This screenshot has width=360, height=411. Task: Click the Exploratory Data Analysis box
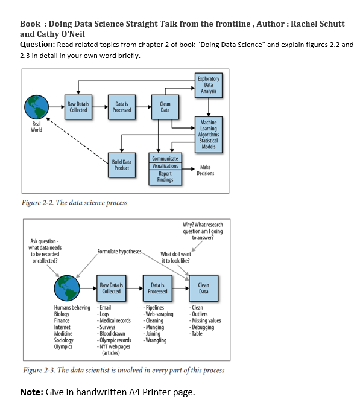click(208, 85)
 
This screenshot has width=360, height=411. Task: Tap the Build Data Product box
click(122, 165)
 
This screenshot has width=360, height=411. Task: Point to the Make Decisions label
click(205, 170)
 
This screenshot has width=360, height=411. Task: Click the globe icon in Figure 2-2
click(36, 107)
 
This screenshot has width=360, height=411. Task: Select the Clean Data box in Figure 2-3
click(204, 288)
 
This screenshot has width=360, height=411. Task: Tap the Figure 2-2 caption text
click(74, 203)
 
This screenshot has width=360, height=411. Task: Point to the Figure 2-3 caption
click(123, 370)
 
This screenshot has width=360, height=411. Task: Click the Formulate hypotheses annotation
click(119, 251)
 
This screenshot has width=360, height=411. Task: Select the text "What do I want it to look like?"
click(175, 257)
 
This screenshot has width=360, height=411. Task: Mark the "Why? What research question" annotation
click(203, 231)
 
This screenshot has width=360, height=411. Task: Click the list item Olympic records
click(115, 340)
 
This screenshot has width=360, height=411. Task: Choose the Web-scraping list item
click(159, 314)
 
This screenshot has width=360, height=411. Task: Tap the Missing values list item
click(206, 321)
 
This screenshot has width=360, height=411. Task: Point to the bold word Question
click(37, 45)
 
